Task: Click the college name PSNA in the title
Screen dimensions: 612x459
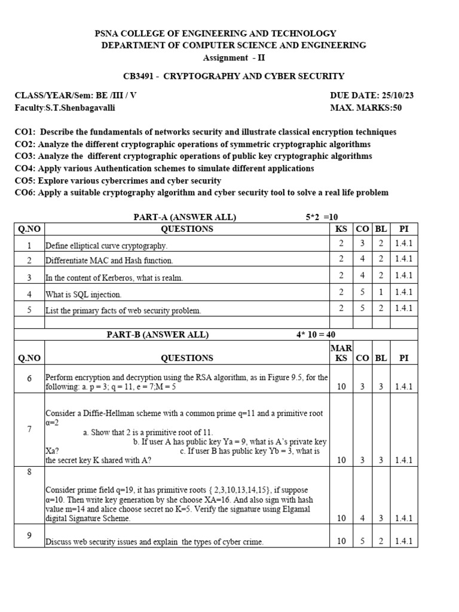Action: [108, 33]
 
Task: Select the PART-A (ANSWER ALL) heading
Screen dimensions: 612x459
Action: [185, 217]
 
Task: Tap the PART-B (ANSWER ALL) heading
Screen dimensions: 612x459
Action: [158, 335]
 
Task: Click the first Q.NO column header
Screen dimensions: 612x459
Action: [29, 229]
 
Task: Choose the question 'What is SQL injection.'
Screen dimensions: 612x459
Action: [83, 295]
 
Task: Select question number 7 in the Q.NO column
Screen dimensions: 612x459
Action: [29, 430]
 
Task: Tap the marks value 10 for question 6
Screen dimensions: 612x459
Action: [341, 387]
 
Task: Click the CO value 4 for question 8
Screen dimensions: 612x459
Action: [362, 518]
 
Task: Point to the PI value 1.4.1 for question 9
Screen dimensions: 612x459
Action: [404, 541]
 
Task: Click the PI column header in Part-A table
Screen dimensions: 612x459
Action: [404, 229]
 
